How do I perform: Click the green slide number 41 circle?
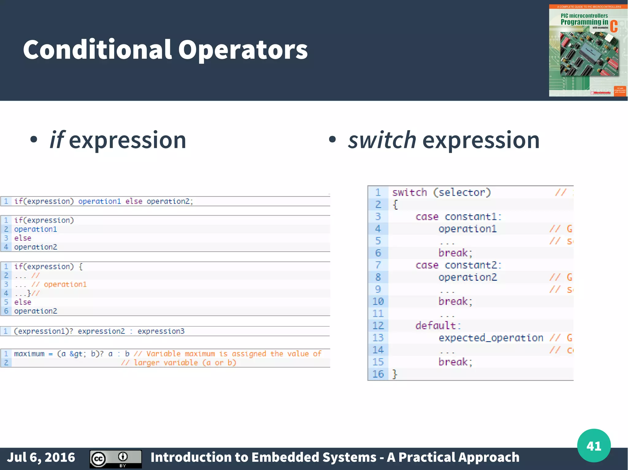tap(594, 446)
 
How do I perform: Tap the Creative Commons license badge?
tap(116, 459)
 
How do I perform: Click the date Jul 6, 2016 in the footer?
tap(41, 457)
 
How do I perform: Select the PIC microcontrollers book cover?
tap(588, 51)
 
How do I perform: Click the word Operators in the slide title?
tap(243, 50)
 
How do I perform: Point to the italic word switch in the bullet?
tap(382, 140)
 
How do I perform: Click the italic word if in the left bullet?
tap(57, 140)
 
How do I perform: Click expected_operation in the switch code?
tap(491, 338)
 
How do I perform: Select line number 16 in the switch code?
tap(378, 374)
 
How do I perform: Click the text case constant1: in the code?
tap(458, 217)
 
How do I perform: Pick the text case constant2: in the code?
tap(458, 265)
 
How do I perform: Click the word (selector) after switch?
tap(462, 192)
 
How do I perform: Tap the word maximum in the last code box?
tap(29, 354)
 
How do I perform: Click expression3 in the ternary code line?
tap(161, 331)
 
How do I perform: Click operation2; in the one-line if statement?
tap(170, 201)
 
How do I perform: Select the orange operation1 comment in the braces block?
tap(65, 284)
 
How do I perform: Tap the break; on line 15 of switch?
tap(455, 362)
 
